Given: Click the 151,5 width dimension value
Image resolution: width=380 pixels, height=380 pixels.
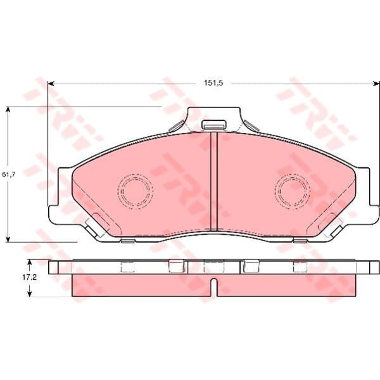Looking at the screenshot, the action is (213, 83).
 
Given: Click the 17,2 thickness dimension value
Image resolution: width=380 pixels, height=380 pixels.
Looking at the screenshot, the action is (30, 277).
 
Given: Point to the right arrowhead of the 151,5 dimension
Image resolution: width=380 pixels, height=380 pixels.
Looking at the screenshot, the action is (377, 84).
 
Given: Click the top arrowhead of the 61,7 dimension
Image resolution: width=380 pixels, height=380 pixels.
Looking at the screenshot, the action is (8, 110).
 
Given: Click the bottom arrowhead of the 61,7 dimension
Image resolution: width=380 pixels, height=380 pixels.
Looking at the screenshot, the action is (8, 239).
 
